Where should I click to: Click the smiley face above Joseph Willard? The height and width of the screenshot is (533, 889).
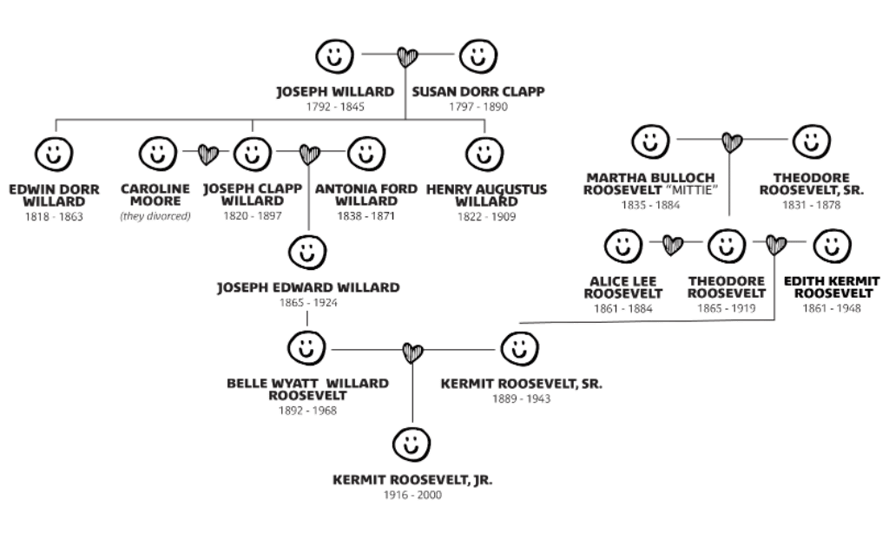pyautogui.click(x=334, y=57)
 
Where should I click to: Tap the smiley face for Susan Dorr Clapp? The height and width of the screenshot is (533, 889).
pyautogui.click(x=477, y=57)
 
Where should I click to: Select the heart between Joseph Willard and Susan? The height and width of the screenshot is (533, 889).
pyautogui.click(x=406, y=57)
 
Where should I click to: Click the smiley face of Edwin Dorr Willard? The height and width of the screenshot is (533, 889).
pyautogui.click(x=54, y=155)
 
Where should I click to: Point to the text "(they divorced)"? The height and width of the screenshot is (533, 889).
pyautogui.click(x=156, y=216)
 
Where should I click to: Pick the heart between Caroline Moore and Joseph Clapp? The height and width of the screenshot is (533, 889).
pyautogui.click(x=207, y=155)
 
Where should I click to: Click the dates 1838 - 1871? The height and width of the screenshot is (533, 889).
pyautogui.click(x=366, y=216)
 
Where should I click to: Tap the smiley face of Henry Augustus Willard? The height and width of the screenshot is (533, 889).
pyautogui.click(x=484, y=155)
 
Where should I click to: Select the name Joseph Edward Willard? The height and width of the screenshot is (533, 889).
pyautogui.click(x=308, y=287)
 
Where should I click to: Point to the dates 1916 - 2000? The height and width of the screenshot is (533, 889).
pyautogui.click(x=412, y=495)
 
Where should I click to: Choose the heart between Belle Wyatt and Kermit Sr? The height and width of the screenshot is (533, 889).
pyautogui.click(x=412, y=352)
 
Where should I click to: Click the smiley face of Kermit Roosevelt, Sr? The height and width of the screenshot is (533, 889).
pyautogui.click(x=519, y=350)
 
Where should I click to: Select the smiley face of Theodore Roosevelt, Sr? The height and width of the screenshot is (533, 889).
pyautogui.click(x=812, y=140)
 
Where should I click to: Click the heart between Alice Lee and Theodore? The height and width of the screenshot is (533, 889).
pyautogui.click(x=673, y=246)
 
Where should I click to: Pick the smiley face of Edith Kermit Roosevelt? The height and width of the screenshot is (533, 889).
pyautogui.click(x=832, y=246)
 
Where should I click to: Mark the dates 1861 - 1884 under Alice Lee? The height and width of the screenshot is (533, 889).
pyautogui.click(x=623, y=308)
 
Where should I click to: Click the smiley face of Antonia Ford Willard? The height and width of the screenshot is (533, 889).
pyautogui.click(x=366, y=155)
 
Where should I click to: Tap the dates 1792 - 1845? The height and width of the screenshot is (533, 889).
pyautogui.click(x=334, y=107)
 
